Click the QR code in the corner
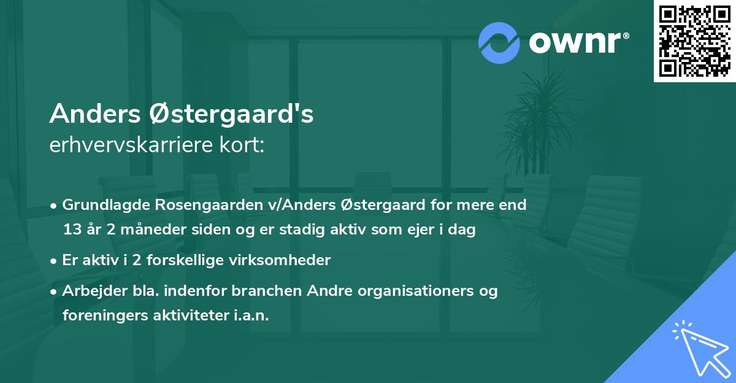[694, 41]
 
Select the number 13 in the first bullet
[71, 230]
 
